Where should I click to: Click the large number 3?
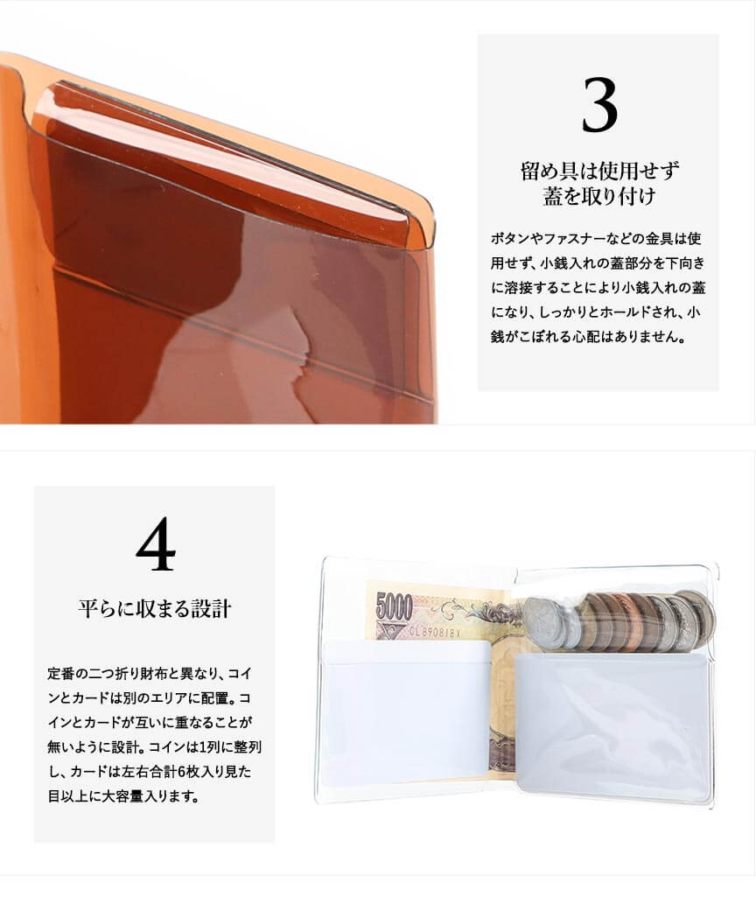point(599,105)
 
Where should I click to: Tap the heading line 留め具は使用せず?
point(599,171)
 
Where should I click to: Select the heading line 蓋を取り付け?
point(599,196)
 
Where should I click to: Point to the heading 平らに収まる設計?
point(155,608)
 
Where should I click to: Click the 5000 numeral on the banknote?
point(394,606)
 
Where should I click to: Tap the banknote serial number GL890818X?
point(435,633)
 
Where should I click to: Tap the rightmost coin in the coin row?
point(699,620)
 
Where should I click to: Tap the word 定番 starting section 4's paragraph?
point(60,673)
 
